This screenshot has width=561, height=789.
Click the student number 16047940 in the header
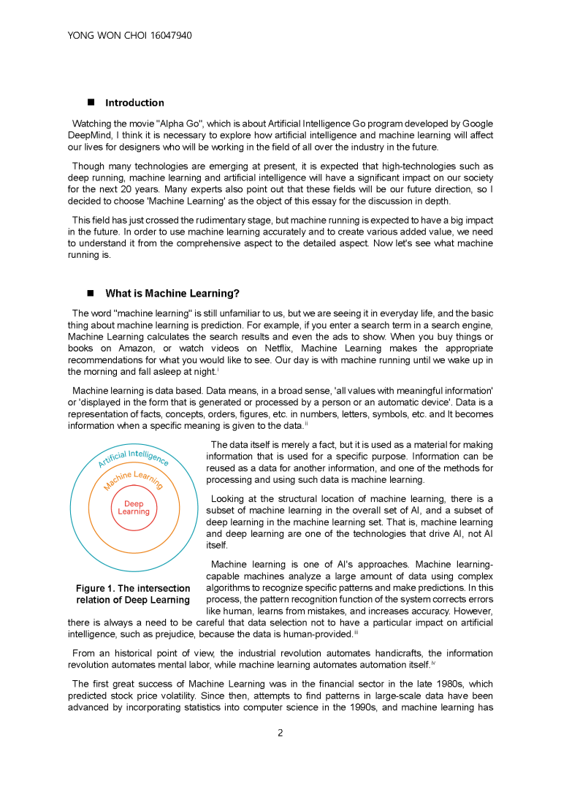pos(167,35)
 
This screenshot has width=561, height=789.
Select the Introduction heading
pos(134,103)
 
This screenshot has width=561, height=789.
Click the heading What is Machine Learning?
pos(172,294)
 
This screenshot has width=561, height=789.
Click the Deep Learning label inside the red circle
pos(134,508)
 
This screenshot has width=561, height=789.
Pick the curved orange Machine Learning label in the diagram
pos(133,479)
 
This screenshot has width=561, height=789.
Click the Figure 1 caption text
pos(133,594)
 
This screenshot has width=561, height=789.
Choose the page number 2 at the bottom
pos(280,733)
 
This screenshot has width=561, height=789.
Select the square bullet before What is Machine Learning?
pos(92,294)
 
